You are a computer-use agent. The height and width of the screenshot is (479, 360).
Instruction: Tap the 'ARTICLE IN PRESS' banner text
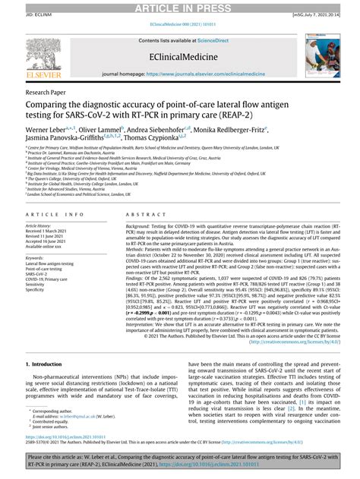pos(179,5)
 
